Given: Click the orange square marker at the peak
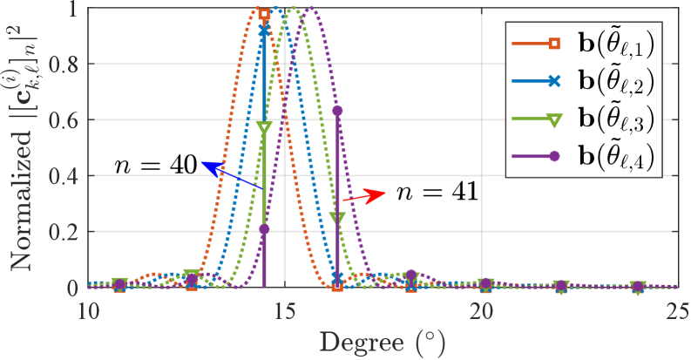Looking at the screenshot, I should (x=264, y=13).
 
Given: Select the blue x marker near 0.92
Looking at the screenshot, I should (x=264, y=30).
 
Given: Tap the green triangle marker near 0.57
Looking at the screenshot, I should (x=264, y=127).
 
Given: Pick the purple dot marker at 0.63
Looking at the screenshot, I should (x=337, y=111).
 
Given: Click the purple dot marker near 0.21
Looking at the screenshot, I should (x=264, y=229).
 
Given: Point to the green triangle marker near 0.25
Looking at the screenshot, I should (x=337, y=218).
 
